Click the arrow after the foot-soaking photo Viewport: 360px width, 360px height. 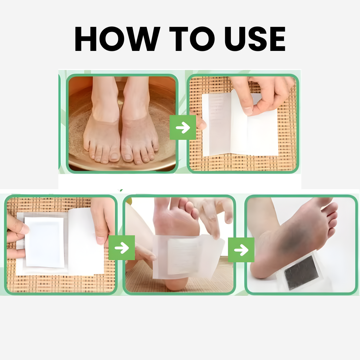click(183, 127)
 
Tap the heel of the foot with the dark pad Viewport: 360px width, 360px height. click(262, 269)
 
